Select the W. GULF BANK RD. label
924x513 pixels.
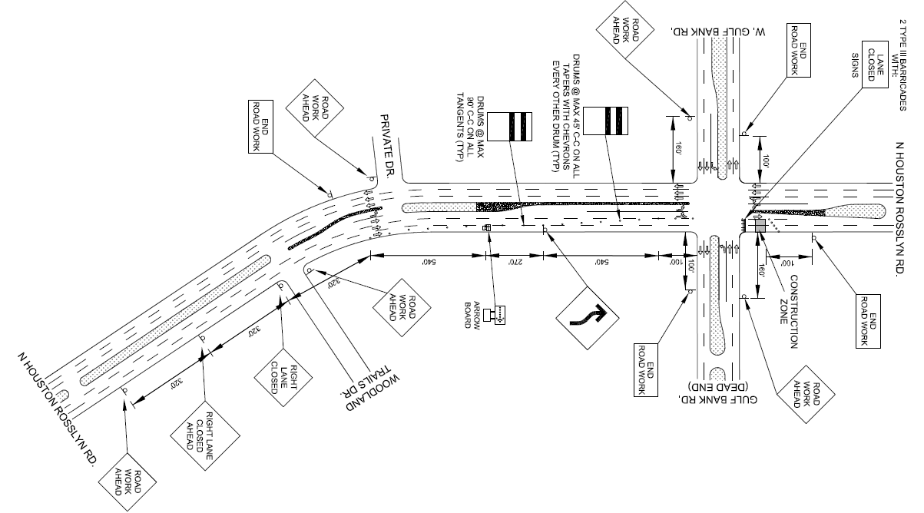point(720,30)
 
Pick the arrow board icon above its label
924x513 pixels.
point(499,313)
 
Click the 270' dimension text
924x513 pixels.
point(515,261)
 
